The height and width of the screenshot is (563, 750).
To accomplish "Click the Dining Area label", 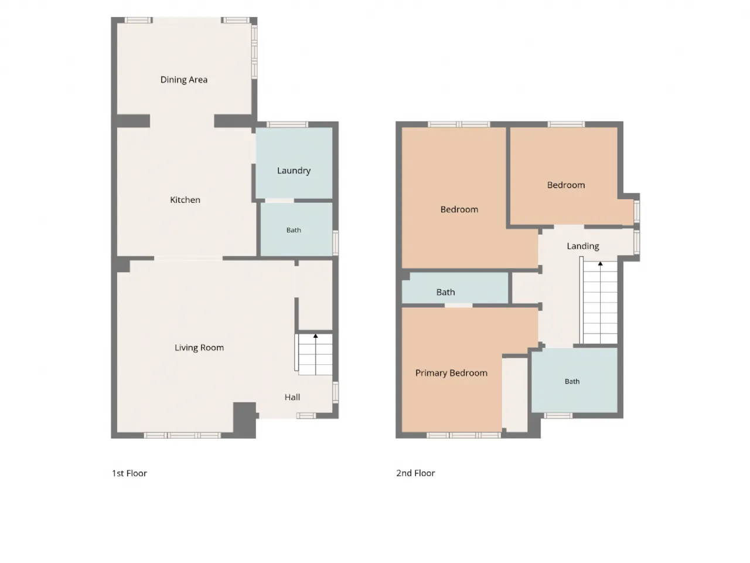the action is point(184,80).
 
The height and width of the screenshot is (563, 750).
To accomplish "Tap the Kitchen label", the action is point(185,199).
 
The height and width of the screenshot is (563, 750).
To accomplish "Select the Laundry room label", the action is point(294,171).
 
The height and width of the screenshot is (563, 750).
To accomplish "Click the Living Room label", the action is point(199,348).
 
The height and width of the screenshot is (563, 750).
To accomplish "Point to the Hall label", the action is point(292,397).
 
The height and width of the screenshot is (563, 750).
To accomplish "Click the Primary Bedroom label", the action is point(451,373).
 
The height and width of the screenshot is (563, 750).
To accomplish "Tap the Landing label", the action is point(582,246).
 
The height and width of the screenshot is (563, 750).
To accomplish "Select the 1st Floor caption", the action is point(129,473).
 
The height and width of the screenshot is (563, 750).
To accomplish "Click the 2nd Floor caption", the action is point(415,473).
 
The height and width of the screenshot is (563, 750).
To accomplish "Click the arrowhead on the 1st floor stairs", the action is point(315,337).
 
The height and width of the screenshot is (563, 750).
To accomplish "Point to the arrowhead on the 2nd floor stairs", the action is point(601,264).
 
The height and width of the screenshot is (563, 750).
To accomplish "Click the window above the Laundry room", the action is point(287,124).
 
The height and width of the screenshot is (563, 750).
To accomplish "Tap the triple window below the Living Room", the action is point(182,435).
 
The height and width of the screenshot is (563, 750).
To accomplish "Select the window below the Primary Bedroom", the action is point(463,435).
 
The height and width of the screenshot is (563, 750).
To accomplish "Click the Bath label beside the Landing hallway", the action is point(445,292).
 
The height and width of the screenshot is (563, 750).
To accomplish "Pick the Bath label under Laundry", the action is point(294,230).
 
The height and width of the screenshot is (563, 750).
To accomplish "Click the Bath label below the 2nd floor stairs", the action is point(572,381).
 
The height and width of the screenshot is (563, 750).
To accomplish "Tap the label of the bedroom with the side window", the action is point(566,185).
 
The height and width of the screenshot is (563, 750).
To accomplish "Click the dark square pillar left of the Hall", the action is point(244,420).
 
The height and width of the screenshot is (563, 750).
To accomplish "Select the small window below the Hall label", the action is point(306,416).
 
